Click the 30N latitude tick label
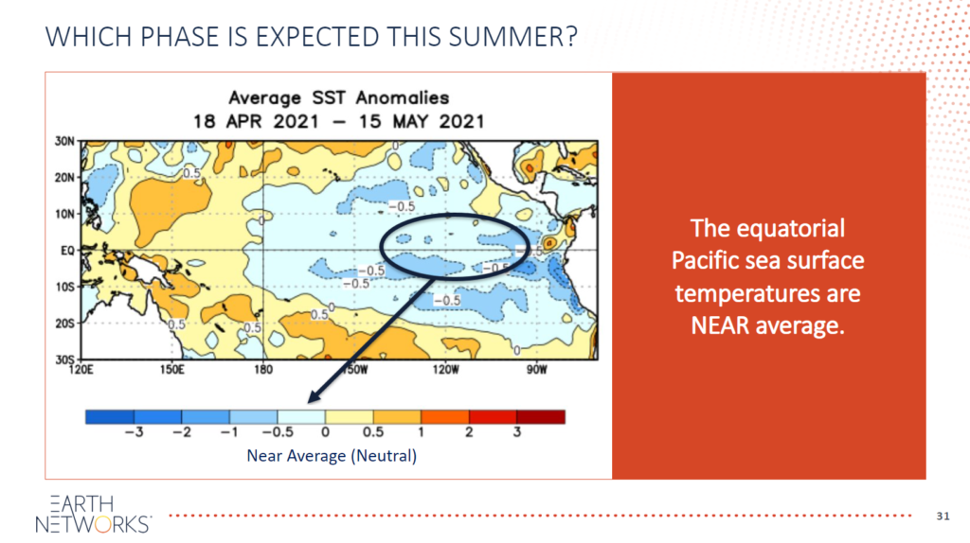65,142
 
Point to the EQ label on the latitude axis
67,250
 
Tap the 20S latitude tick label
65,324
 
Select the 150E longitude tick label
172,370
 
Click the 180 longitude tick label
263,370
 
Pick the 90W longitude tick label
537,370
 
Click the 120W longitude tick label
446,370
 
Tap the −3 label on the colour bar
134,431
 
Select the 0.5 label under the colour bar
373,431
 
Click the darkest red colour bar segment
541,416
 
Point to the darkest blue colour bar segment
110,416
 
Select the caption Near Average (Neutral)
332,456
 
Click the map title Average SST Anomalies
339,97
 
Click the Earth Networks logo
94,514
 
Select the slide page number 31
943,516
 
